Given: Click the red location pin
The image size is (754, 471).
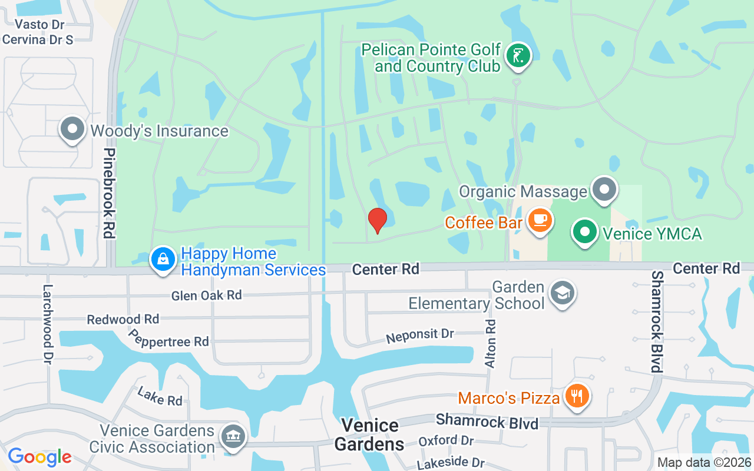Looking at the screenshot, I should (x=377, y=220).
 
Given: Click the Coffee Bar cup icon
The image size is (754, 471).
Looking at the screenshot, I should (x=540, y=221).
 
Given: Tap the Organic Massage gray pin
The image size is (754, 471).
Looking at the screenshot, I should (x=604, y=190).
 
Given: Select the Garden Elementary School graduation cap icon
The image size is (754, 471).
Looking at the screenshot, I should (x=562, y=293).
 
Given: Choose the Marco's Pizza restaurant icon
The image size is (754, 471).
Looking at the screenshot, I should (x=577, y=396).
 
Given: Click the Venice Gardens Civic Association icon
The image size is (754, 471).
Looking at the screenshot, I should (x=233, y=437).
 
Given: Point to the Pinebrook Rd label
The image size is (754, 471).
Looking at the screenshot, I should (x=108, y=193).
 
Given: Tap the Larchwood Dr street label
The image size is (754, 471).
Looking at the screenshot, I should (x=48, y=324).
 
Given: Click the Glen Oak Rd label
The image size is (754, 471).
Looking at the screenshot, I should (x=206, y=295).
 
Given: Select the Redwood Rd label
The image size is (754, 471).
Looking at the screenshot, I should (x=123, y=319).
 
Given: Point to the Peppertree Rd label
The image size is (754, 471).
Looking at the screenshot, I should (x=169, y=338).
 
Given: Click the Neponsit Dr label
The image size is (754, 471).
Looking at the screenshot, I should (x=419, y=336).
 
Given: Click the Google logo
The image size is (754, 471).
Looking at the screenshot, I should (x=39, y=456).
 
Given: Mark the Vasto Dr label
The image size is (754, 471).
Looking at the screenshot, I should (x=39, y=24).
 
